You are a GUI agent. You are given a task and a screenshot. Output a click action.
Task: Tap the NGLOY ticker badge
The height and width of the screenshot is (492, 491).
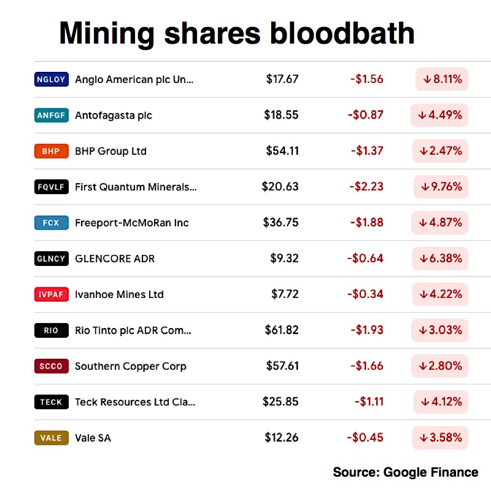51,79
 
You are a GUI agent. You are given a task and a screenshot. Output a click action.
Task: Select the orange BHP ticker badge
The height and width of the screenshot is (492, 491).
51,151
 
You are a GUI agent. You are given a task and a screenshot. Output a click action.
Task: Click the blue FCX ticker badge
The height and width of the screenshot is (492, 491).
51,223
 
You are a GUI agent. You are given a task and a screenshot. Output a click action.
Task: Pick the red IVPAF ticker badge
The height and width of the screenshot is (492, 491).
51,295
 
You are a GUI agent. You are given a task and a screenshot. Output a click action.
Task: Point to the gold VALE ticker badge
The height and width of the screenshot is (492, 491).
51,438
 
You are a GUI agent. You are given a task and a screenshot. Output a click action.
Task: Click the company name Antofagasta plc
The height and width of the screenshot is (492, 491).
114,115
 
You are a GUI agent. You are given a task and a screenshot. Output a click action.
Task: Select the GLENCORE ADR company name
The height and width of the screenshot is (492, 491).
115,259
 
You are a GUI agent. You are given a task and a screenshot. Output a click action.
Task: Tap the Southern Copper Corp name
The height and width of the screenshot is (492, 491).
130,366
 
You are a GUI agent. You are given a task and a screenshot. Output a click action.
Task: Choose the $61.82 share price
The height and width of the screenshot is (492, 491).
282,330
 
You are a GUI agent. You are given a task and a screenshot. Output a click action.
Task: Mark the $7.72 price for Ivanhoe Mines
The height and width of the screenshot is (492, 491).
285,295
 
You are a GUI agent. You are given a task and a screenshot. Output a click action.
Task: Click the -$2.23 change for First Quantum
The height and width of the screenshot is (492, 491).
367,187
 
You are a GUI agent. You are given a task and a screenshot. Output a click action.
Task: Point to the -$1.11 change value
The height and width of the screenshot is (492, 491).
369,402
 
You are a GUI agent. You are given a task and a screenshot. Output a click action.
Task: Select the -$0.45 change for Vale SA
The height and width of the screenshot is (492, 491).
365,438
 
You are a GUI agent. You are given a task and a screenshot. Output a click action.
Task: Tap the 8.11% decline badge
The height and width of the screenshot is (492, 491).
442,79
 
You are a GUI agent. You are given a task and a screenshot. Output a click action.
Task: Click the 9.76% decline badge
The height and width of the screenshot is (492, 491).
441,187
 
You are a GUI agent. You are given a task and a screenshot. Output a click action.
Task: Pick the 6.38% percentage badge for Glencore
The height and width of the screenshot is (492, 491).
440,259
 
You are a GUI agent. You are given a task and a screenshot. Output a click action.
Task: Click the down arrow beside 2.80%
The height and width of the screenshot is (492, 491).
423,367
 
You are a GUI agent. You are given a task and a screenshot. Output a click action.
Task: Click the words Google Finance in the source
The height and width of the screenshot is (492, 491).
431,472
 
